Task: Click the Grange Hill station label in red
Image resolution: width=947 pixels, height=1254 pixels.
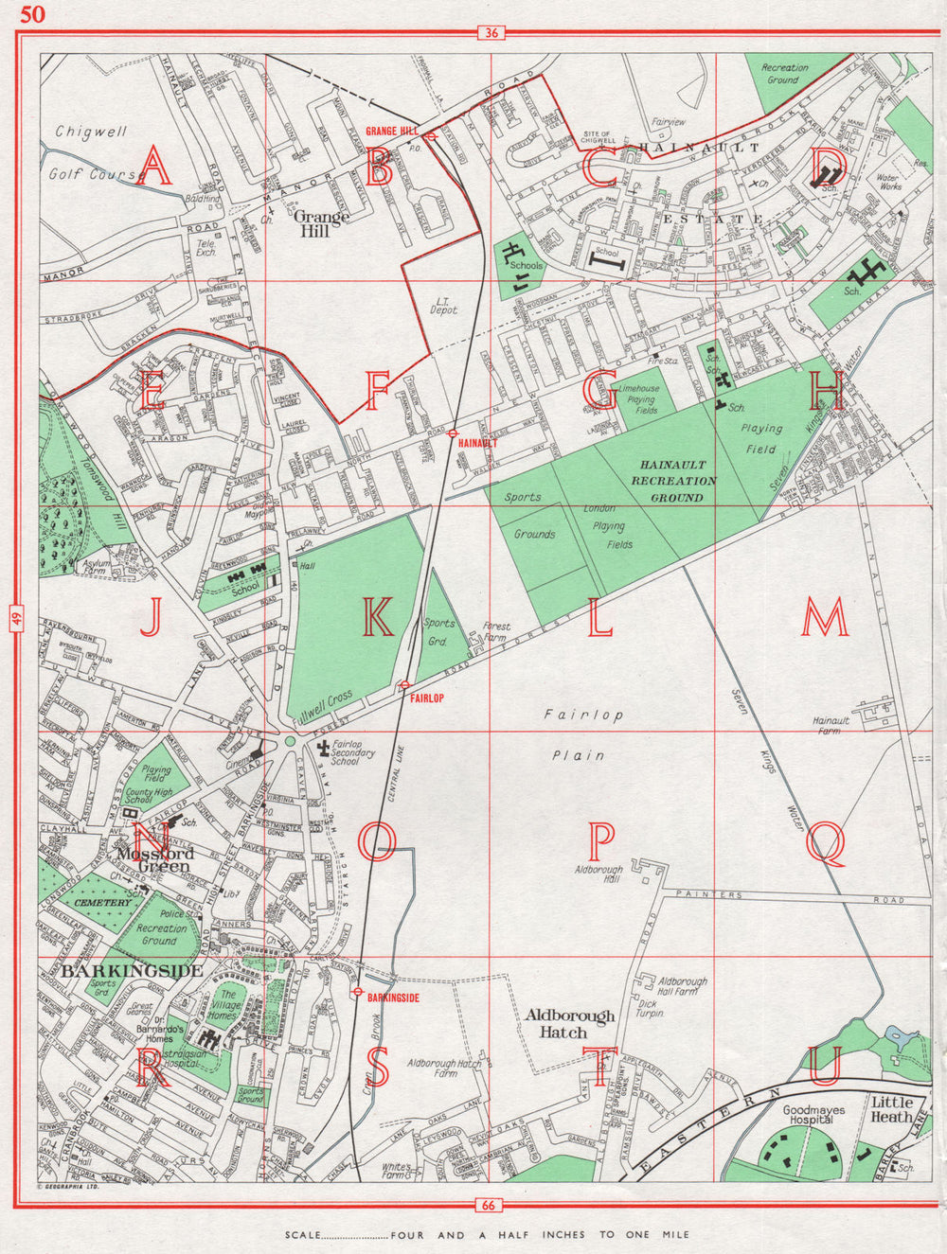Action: (392, 131)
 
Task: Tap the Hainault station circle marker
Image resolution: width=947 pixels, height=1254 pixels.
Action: (455, 432)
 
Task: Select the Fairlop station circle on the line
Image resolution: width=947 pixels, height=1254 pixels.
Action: (404, 685)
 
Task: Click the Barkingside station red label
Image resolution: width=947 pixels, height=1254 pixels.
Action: (392, 998)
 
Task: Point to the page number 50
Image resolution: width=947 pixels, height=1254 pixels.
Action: (32, 13)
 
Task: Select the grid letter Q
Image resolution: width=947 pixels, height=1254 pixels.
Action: (825, 840)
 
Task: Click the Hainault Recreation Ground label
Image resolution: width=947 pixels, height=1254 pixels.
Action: (673, 480)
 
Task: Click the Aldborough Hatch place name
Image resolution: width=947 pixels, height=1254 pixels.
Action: (570, 1024)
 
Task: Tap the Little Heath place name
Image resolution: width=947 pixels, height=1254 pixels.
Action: (891, 1109)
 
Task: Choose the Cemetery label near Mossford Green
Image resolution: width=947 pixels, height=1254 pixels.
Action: (103, 903)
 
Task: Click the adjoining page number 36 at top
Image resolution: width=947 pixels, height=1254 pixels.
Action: (490, 33)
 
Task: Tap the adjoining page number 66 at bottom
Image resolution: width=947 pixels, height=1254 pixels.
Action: (490, 1205)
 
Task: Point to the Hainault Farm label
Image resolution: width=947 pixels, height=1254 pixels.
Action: (831, 725)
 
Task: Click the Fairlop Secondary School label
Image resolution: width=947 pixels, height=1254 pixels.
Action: (353, 753)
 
